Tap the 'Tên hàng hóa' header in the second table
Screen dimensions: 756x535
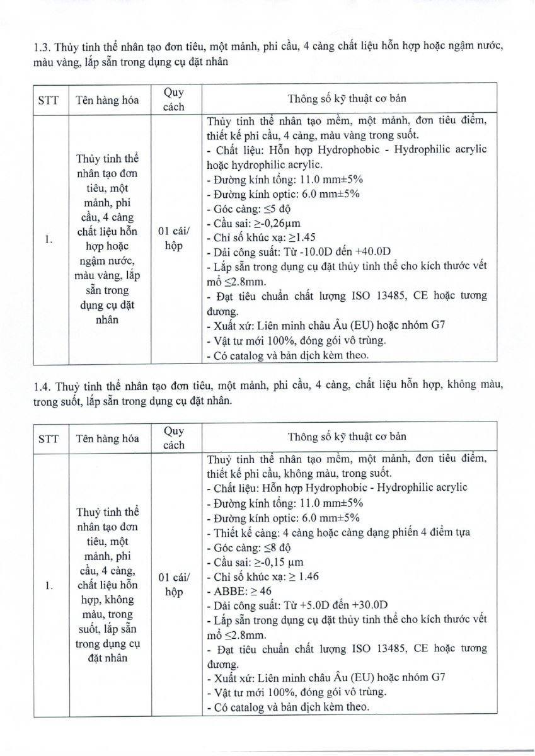(x=104, y=437)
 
